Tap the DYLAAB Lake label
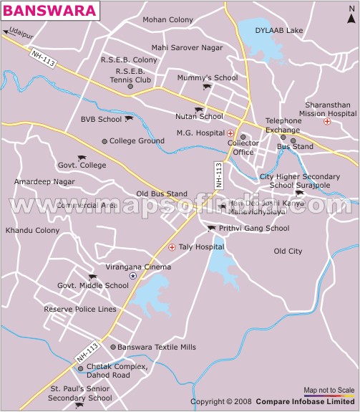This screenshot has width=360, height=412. pyautogui.click(x=279, y=30)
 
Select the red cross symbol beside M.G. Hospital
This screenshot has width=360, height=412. pyautogui.click(x=230, y=133)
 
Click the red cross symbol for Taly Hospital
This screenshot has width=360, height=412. pyautogui.click(x=172, y=247)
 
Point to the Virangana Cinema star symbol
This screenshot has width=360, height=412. pyautogui.click(x=132, y=276)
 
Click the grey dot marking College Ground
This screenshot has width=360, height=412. pyautogui.click(x=104, y=141)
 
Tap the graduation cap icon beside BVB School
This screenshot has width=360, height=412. pyautogui.click(x=129, y=119)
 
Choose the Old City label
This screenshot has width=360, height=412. pyautogui.click(x=288, y=251)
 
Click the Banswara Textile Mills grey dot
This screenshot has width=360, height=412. pyautogui.click(x=112, y=347)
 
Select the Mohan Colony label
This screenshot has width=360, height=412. pyautogui.click(x=168, y=19)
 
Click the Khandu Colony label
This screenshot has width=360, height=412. pyautogui.click(x=32, y=231)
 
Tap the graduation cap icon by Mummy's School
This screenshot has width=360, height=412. pyautogui.click(x=208, y=87)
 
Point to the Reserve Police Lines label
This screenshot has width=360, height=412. pyautogui.click(x=80, y=310)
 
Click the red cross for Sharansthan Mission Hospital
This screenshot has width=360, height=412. pyautogui.click(x=327, y=122)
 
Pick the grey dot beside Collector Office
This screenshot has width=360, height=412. pyautogui.click(x=243, y=136)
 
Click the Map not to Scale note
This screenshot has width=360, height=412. pyautogui.click(x=329, y=389)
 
